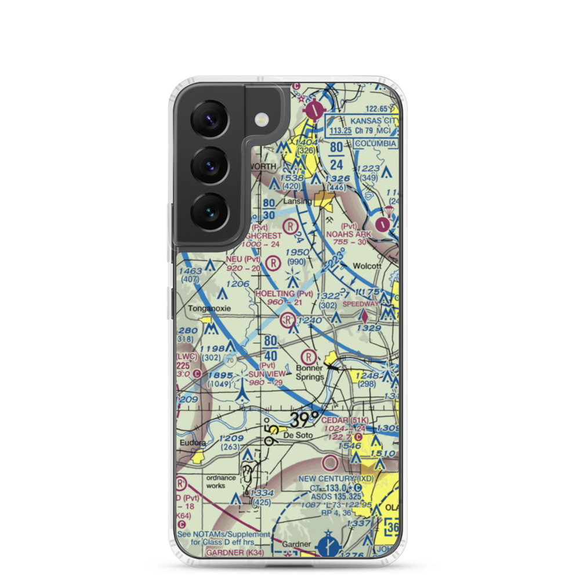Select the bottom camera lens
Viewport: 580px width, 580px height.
(209, 211)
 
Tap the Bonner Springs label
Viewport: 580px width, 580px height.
(310, 373)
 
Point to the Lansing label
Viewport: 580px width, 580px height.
(298, 201)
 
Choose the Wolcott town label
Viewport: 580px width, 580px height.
(368, 267)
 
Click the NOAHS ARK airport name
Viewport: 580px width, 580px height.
(348, 234)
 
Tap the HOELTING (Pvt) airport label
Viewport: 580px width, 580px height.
(284, 294)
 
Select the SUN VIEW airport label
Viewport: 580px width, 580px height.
(267, 374)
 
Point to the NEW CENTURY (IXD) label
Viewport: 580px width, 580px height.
(336, 479)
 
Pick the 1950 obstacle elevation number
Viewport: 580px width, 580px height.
(297, 252)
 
